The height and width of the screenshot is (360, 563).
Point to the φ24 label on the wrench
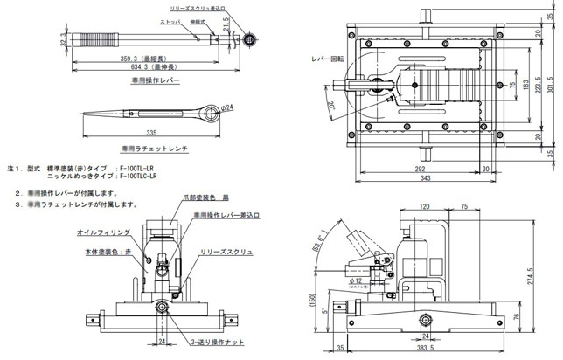(x=226, y=108)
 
